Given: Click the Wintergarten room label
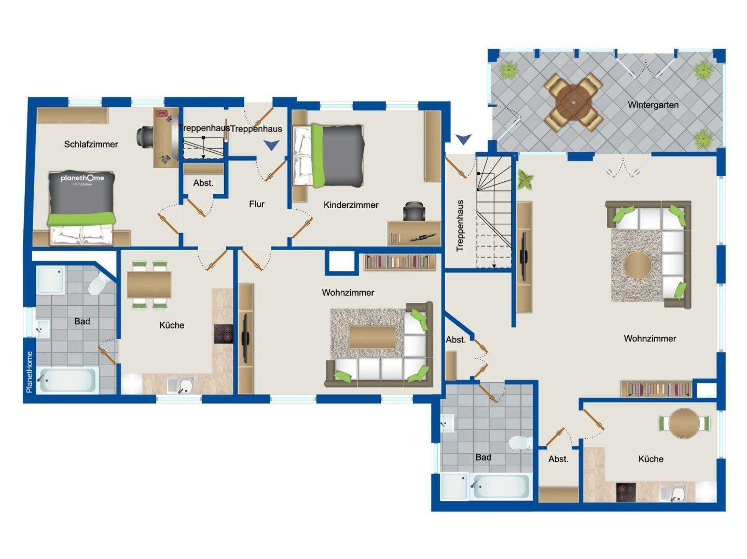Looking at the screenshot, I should coord(653,105).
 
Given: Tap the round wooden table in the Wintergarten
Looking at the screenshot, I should coord(573,102).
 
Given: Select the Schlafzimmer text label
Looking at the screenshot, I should coord(91,144).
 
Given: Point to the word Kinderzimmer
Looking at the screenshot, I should coord(351,205).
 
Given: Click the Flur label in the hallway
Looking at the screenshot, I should coord(256,204).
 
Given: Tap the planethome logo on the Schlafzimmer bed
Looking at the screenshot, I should coord(82,179).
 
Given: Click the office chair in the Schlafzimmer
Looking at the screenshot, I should coord(145,136).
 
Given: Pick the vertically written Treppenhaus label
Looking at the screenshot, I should coord(460,226).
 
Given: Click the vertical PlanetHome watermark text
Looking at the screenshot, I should coord(29,371).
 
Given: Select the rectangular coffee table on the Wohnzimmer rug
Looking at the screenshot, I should coord(372,337).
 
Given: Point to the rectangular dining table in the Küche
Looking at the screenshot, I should coord(149,284).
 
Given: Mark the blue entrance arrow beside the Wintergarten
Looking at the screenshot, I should coord(463,139).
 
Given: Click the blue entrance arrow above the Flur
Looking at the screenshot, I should coord(271,146).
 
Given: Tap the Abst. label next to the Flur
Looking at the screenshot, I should coord(203,183).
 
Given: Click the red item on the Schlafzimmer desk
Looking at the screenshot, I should coord(162,113).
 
